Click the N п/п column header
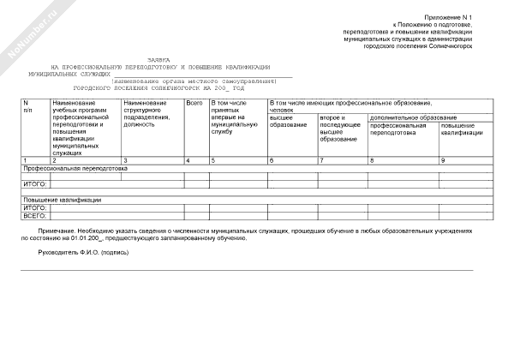pos(27,107)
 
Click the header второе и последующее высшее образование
pos(338,128)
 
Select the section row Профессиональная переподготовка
pos(75,169)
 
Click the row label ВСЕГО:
pos(34,216)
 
